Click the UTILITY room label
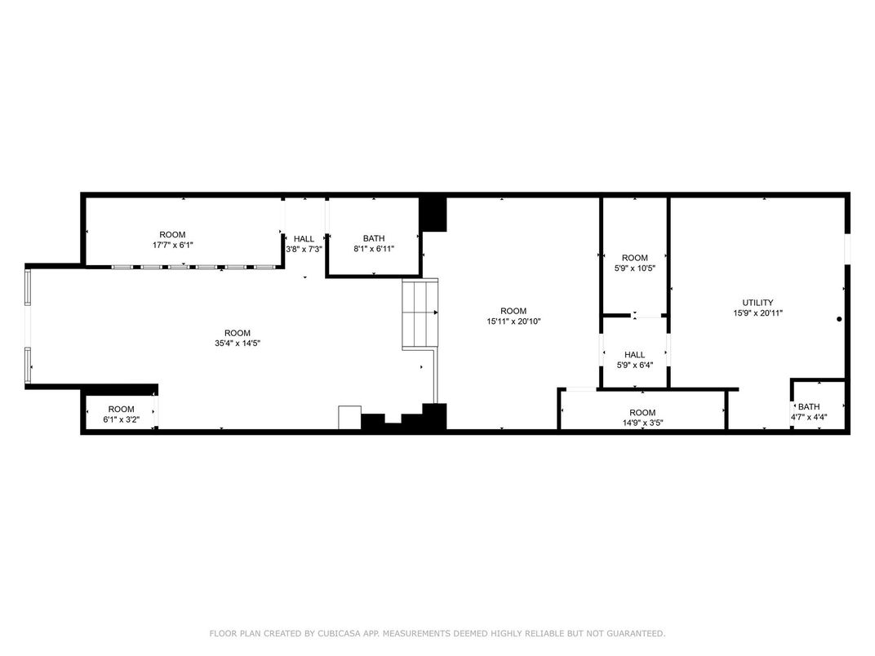757,303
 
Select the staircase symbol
420,314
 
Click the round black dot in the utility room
839,319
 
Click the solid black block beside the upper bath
433,214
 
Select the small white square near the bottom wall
349,417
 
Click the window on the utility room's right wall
847,248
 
